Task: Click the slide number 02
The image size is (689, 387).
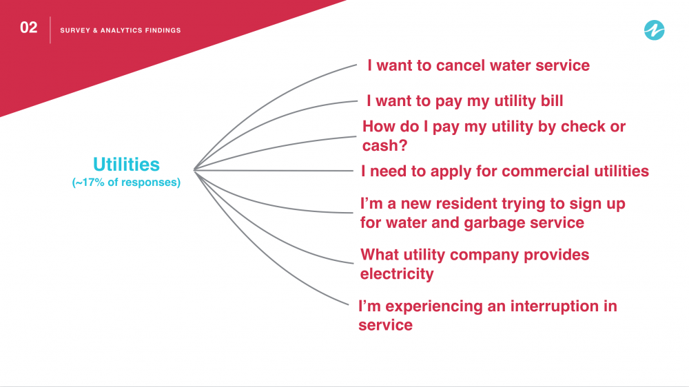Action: (x=28, y=28)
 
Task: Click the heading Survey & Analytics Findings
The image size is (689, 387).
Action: (x=121, y=30)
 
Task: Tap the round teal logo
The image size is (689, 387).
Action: (x=655, y=30)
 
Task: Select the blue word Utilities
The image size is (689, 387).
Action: (x=126, y=165)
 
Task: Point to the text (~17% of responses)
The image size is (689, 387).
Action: (x=126, y=182)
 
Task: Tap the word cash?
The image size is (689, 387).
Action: (x=385, y=145)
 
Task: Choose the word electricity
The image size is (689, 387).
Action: (x=397, y=273)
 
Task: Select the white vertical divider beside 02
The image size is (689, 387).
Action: (x=50, y=30)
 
